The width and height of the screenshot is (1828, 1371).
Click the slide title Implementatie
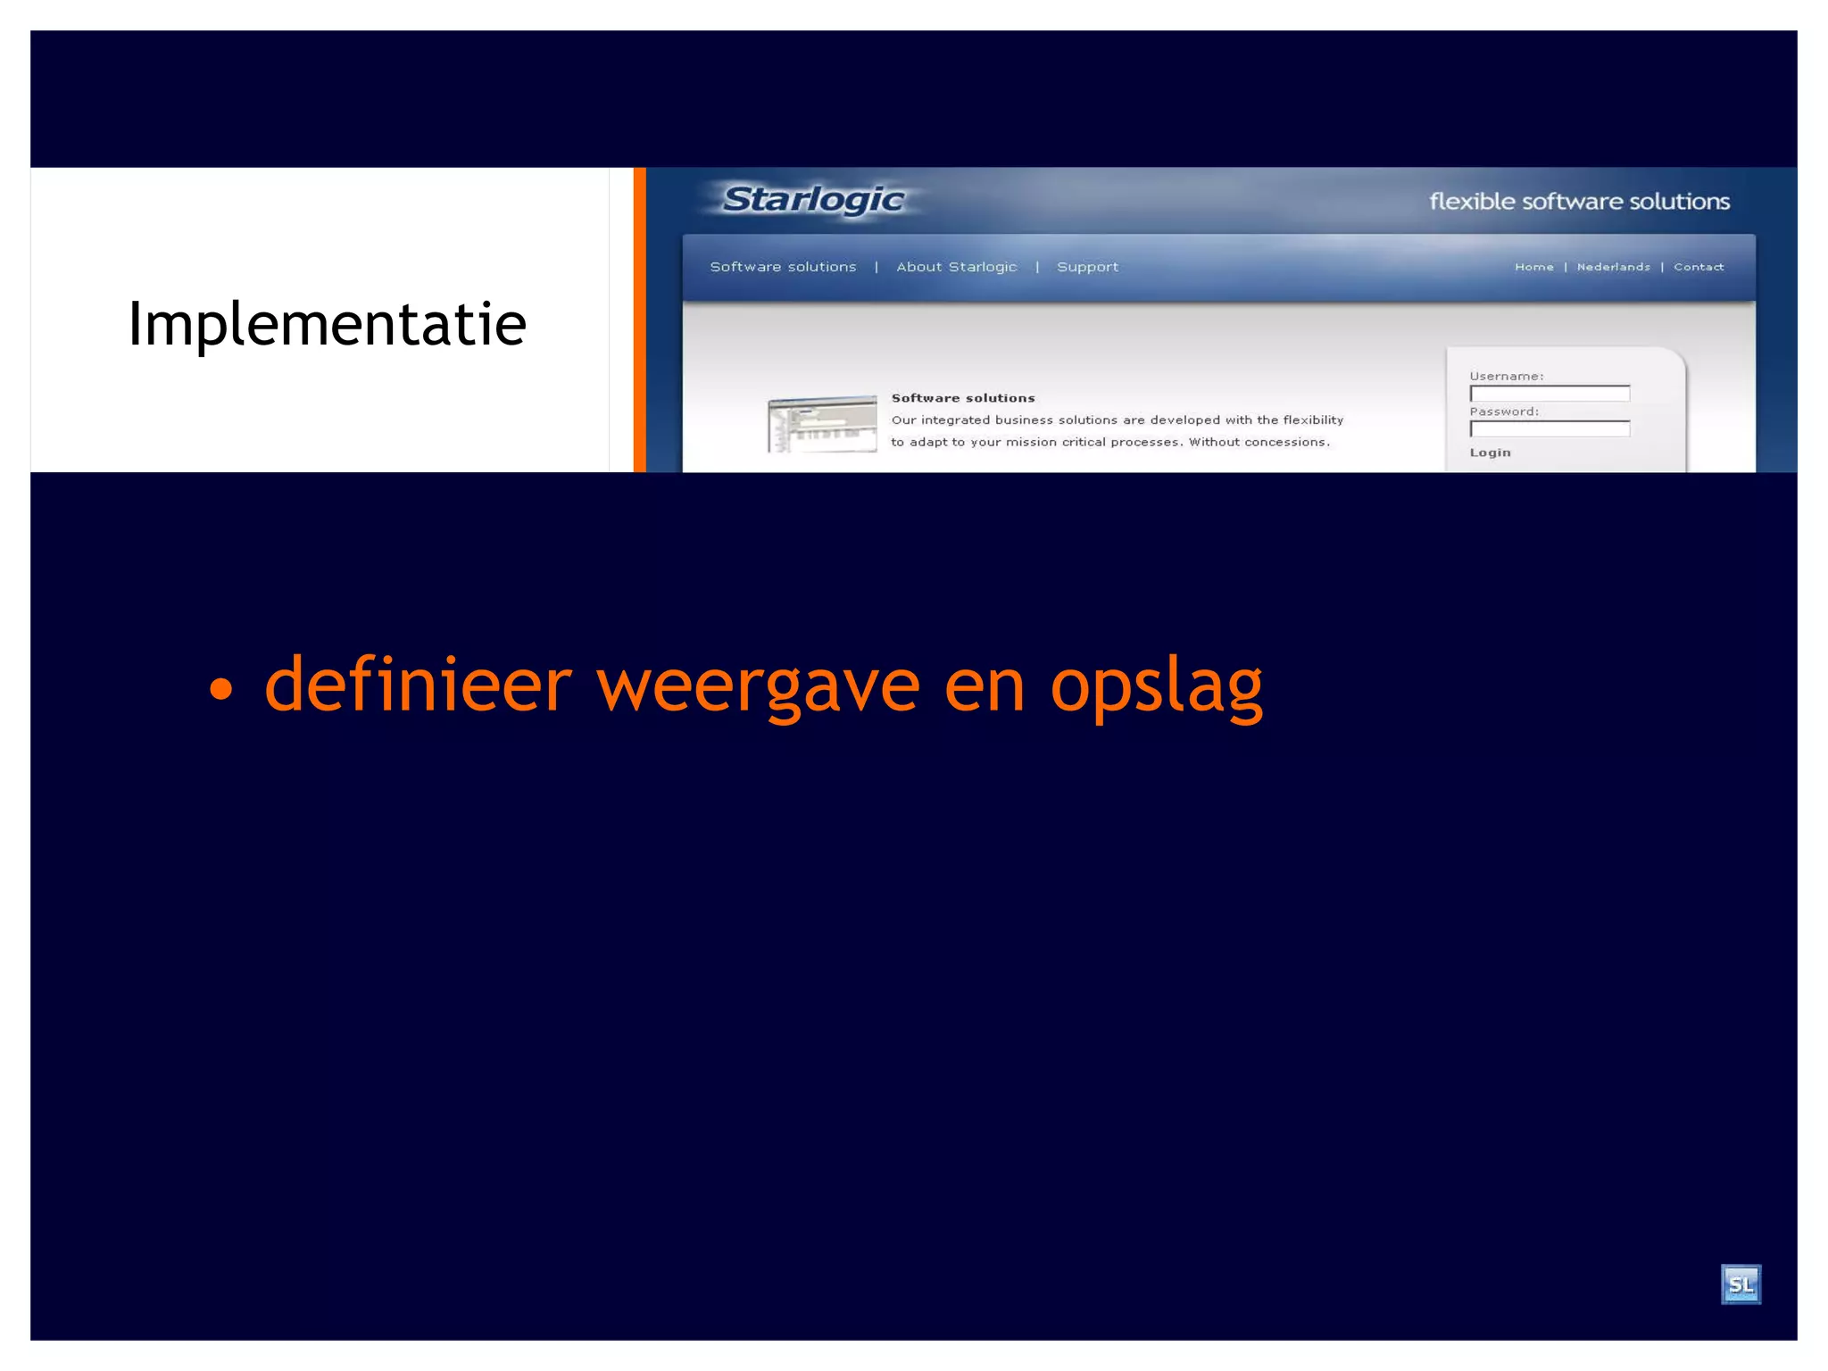coord(327,324)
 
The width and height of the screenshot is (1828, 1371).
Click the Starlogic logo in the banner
coord(812,200)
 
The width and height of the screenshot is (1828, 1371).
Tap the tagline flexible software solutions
coord(1579,202)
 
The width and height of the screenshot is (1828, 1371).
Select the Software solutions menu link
coord(783,267)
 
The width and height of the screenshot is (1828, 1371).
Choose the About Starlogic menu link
coord(956,267)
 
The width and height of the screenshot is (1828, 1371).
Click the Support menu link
coord(1087,267)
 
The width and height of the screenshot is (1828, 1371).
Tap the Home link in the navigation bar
coord(1533,267)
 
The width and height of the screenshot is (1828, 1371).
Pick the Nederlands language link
coord(1613,267)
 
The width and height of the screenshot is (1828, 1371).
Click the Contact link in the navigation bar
coord(1699,267)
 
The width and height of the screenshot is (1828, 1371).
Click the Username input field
coord(1550,394)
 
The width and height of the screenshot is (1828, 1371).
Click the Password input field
coord(1550,429)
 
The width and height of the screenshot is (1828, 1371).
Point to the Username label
coord(1506,376)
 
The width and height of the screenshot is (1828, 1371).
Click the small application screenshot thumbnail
coord(822,424)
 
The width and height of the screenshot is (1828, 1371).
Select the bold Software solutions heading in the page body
coord(962,398)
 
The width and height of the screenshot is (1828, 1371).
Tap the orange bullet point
coord(220,688)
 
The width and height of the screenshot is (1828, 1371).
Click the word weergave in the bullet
coord(757,685)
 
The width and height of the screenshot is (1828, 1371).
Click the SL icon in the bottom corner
coord(1740,1284)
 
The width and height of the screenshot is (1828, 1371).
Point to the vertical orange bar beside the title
coord(639,320)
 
